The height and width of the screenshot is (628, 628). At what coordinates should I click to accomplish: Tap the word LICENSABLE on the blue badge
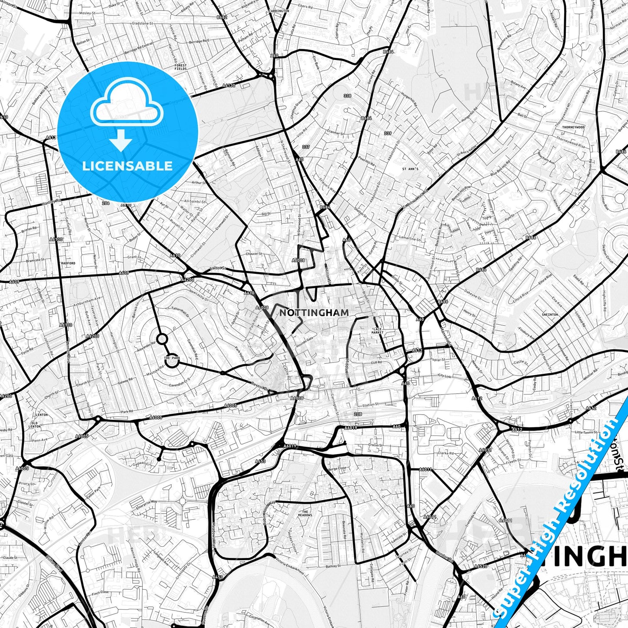(127, 166)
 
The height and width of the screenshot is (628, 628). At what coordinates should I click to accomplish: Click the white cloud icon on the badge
(126, 104)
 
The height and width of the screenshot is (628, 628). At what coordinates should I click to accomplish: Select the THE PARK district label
(172, 358)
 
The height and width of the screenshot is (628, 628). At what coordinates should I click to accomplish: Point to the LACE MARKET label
(377, 331)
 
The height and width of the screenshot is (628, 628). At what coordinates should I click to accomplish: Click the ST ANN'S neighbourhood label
(410, 169)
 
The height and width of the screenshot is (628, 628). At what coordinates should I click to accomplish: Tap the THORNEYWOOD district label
(573, 127)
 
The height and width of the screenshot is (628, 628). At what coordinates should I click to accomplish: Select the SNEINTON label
(550, 315)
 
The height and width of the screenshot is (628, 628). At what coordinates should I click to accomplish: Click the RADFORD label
(68, 263)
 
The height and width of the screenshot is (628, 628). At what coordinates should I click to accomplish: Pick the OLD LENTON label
(34, 424)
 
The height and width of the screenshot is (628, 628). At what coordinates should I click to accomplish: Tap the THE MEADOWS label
(305, 513)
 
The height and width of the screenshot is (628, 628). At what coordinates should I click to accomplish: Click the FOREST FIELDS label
(180, 67)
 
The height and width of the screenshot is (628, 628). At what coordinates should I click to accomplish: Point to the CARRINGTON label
(279, 11)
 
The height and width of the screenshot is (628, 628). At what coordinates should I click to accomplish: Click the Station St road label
(371, 405)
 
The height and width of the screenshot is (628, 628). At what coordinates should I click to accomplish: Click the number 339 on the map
(388, 133)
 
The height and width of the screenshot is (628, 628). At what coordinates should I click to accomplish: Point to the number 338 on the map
(347, 96)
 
